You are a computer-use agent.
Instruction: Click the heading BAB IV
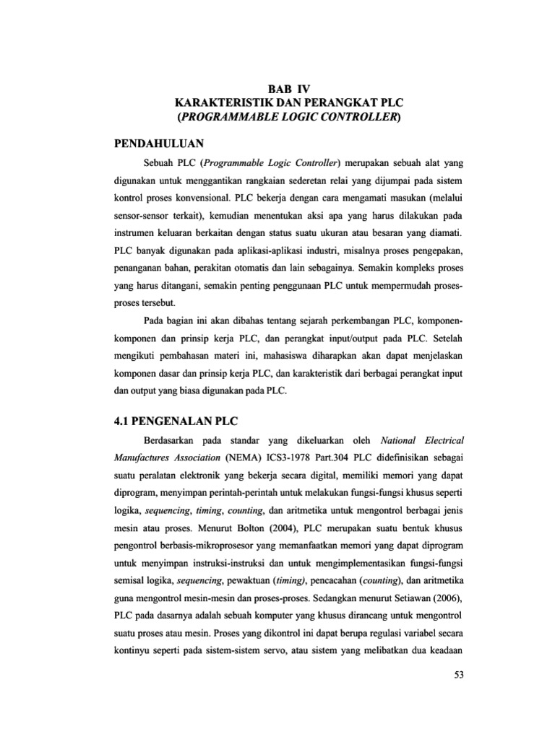click(277, 89)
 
